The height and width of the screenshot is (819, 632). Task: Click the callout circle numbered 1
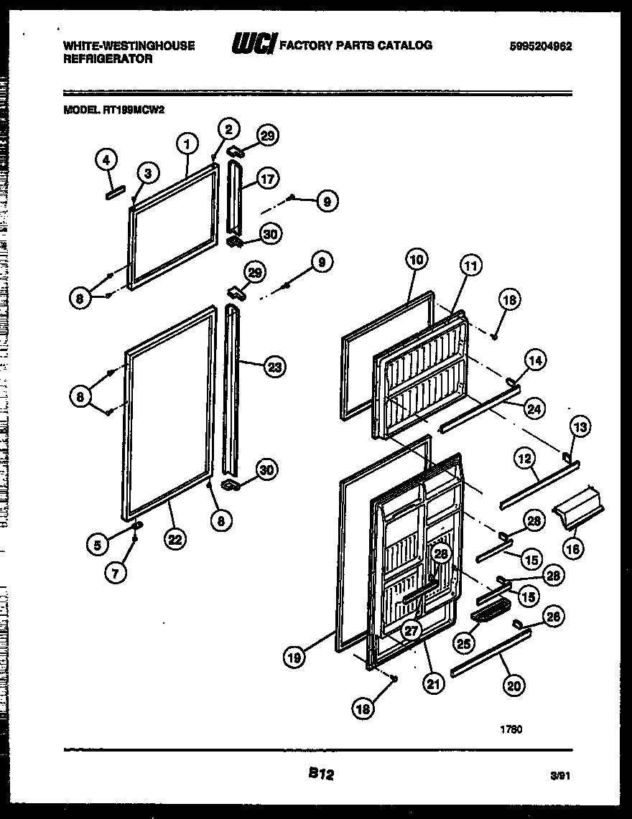tap(186, 144)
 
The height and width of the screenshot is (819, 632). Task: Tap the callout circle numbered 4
tap(106, 161)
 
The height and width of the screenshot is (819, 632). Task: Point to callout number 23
tap(274, 368)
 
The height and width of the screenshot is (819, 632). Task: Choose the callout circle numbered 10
tap(417, 260)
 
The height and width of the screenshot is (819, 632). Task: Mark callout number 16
tap(572, 549)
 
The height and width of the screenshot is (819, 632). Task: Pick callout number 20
tap(513, 686)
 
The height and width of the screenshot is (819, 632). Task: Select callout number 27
tap(410, 632)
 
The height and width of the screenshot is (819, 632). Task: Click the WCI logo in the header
tap(253, 45)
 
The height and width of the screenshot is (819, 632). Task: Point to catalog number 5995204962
tap(541, 45)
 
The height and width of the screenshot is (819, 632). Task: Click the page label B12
tap(322, 774)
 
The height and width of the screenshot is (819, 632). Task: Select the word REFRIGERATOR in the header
tap(108, 60)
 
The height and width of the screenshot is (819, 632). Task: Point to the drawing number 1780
tap(511, 729)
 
